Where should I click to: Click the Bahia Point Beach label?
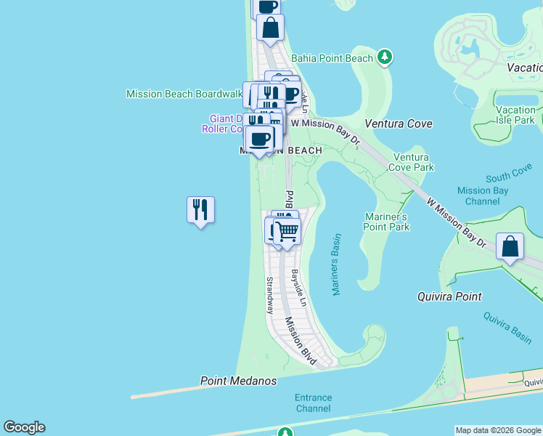point(332,57)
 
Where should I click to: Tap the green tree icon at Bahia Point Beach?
point(385,57)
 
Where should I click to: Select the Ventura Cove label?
point(399,124)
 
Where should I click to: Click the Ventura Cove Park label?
point(413,162)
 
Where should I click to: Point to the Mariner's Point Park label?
point(386,222)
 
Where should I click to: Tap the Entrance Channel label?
point(313,403)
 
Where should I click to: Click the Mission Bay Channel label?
point(483,195)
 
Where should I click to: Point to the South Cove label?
point(509,177)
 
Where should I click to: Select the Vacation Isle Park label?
point(515,115)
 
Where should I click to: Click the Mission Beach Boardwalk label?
point(184,94)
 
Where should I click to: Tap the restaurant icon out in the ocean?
point(200,210)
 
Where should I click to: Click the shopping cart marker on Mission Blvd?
point(287,232)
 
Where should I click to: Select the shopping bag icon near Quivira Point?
point(510,246)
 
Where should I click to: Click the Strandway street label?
point(269,294)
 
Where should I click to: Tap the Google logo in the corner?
point(24,427)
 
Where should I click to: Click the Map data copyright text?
point(499,430)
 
